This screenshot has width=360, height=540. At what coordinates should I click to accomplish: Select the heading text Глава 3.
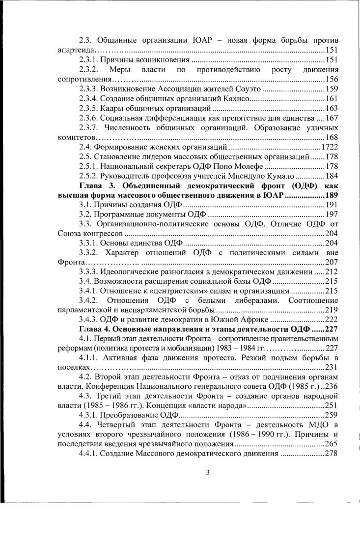(x=97, y=185)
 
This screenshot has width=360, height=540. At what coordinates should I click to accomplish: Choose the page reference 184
(x=332, y=176)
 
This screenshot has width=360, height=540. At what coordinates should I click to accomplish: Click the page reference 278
(x=332, y=454)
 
